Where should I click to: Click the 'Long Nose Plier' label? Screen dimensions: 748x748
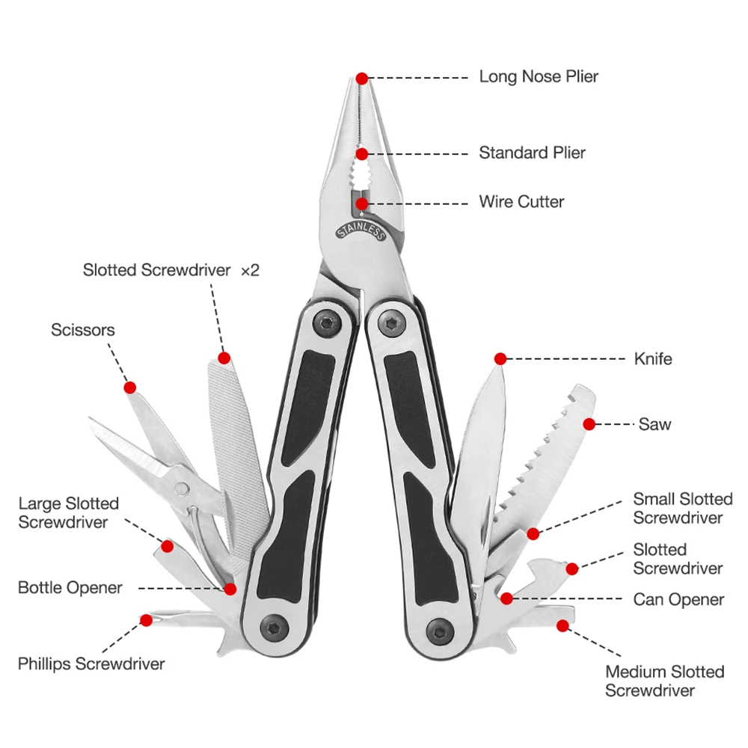coord(539,77)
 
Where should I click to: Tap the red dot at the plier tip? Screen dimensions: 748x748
coord(362,78)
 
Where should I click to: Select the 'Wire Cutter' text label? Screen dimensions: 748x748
coord(521,202)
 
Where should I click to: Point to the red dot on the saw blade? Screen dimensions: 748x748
coord(589,424)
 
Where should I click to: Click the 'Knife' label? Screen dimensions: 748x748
coord(653,359)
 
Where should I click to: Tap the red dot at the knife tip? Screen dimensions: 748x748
coord(500,359)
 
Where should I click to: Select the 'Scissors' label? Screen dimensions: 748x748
coord(83,330)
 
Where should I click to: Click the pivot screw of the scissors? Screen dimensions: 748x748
coord(182,488)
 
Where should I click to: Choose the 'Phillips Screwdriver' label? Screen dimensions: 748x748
coord(91,663)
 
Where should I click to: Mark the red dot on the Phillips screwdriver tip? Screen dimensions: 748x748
coord(147,620)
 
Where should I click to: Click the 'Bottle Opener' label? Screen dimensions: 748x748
coord(70,588)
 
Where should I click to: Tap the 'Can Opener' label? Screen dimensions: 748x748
coord(678,599)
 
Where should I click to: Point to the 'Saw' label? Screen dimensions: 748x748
coord(654,424)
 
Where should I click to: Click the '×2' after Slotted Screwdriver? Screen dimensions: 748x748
coord(250,270)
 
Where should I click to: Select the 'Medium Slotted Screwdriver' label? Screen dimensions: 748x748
coord(665,681)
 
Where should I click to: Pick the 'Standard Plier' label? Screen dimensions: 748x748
coord(532,153)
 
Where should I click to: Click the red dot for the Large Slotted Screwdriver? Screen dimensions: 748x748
coord(168,547)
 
